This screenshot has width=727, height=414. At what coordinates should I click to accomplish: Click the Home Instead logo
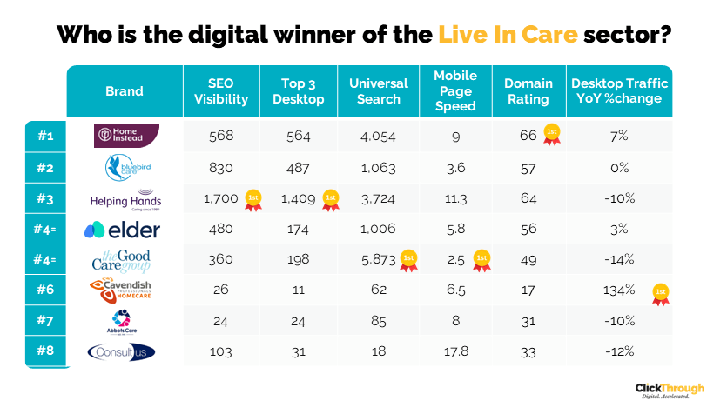[125, 135]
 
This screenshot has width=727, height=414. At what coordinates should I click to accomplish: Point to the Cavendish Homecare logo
[125, 290]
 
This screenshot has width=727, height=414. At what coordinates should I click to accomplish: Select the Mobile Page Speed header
[455, 91]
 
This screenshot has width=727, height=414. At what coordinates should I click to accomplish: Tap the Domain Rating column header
[528, 91]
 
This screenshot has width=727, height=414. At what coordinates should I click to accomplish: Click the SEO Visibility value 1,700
[220, 199]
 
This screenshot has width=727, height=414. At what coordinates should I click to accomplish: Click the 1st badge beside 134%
[661, 292]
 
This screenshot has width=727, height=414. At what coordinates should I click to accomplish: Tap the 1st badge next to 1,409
[331, 198]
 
